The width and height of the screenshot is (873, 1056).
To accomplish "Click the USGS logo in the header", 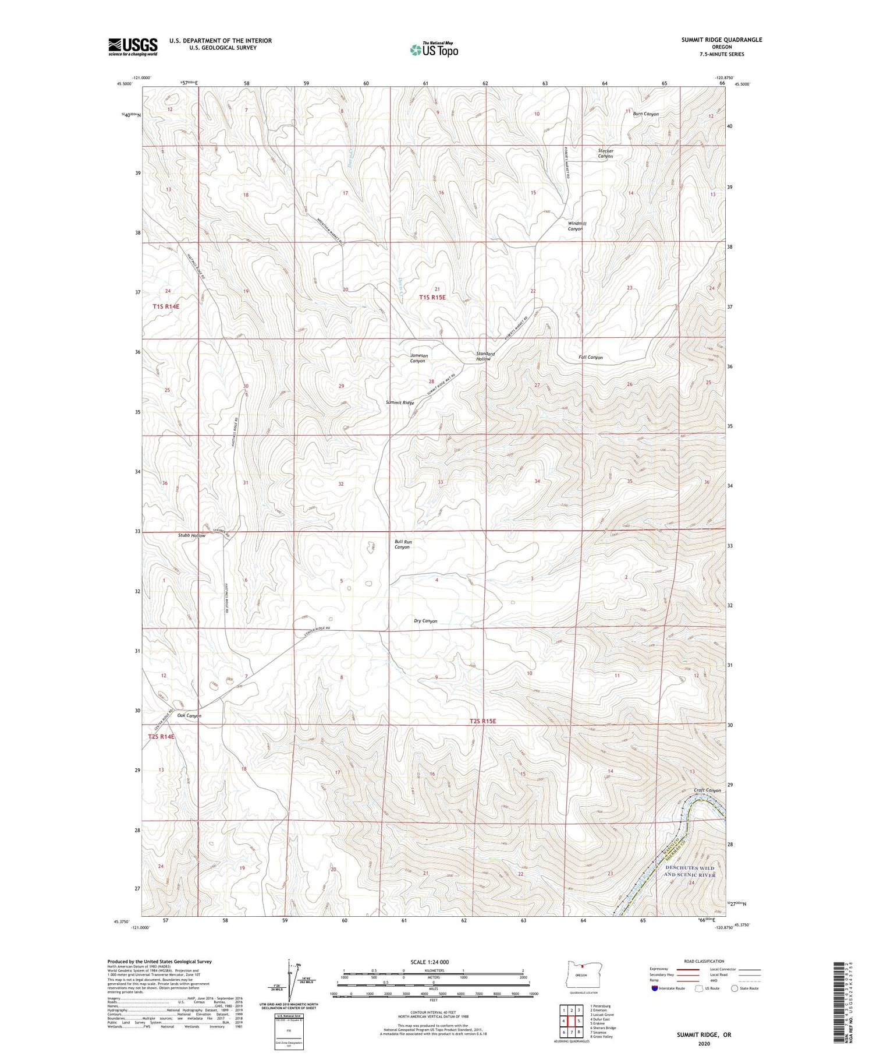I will (x=133, y=47).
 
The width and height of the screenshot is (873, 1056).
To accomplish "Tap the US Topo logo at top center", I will (x=434, y=50).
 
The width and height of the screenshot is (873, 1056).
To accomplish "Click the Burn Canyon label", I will (x=645, y=114).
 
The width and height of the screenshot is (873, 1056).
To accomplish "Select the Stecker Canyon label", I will (x=605, y=154).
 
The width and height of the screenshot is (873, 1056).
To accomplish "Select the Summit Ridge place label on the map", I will (x=400, y=403).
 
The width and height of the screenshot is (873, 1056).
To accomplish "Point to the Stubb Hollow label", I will (x=191, y=535).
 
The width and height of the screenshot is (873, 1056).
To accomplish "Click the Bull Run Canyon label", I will (x=403, y=545).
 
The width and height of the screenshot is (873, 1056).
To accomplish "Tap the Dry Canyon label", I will (x=425, y=621).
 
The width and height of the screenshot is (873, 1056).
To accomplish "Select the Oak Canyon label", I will (x=189, y=716).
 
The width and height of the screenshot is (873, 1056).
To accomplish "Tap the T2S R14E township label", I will (x=161, y=737).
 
